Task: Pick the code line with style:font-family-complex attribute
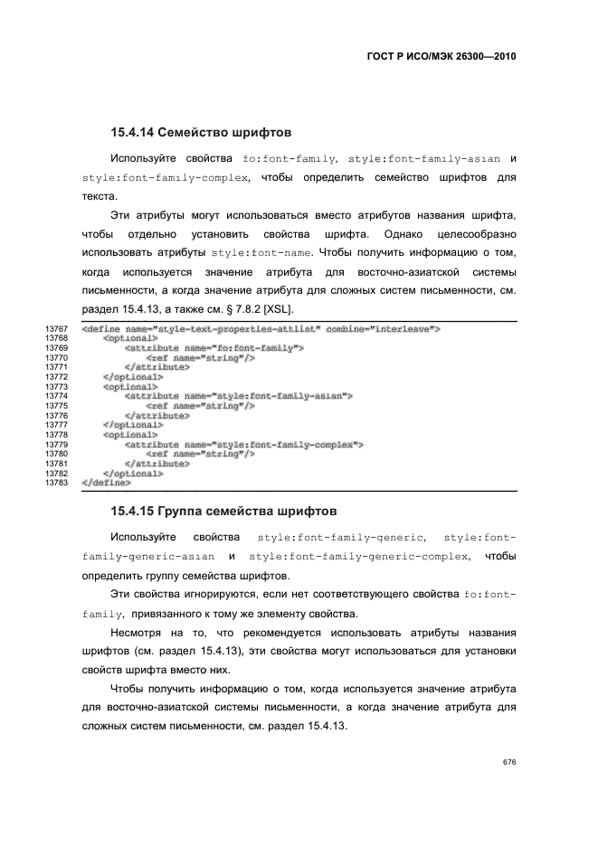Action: click(244, 445)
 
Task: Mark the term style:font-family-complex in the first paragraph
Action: click(164, 178)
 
